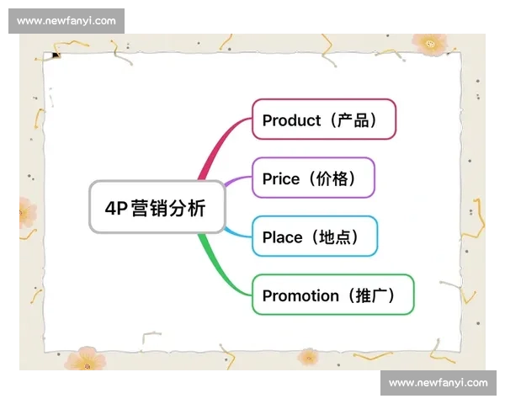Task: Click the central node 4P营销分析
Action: (x=157, y=207)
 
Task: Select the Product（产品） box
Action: (x=323, y=120)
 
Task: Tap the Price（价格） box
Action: (x=313, y=178)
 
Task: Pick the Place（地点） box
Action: (x=315, y=237)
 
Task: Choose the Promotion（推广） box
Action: (x=332, y=295)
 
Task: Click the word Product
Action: (x=291, y=120)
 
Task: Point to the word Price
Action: (x=280, y=178)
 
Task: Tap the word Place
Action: (x=282, y=237)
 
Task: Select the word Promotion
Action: (x=300, y=295)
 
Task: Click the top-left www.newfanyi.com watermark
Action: (x=66, y=21)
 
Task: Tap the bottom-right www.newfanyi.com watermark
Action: (x=438, y=383)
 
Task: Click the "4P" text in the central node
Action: (x=114, y=208)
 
